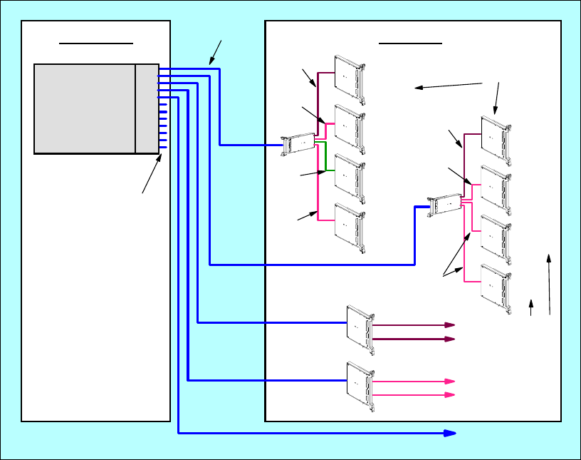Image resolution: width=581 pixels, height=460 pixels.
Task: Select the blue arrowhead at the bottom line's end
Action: (x=451, y=433)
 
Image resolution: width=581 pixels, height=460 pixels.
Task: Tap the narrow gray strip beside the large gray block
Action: (x=147, y=108)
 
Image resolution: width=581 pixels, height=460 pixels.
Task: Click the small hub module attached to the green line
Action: (x=299, y=143)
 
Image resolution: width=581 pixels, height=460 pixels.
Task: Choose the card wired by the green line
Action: (x=351, y=174)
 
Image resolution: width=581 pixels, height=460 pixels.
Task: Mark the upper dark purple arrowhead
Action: (x=450, y=324)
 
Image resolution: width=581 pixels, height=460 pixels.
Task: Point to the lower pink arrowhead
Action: (x=450, y=394)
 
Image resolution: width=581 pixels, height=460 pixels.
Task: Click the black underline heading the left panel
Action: (x=96, y=43)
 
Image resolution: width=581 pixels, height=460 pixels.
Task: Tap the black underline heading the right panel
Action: (x=411, y=43)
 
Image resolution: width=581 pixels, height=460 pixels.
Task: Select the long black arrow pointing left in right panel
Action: (x=449, y=86)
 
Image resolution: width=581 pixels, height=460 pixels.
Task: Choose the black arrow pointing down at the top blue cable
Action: (x=216, y=52)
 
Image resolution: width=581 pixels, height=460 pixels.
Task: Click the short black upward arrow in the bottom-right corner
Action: (x=531, y=307)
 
